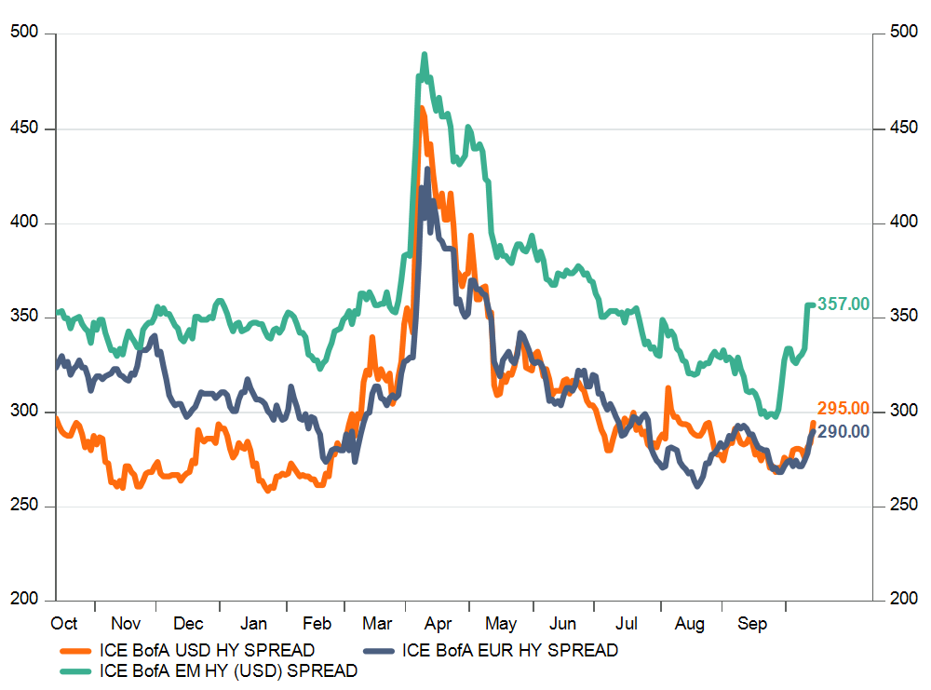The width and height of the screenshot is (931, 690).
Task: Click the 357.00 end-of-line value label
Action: [x=843, y=304]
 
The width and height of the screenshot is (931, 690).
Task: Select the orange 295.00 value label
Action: [x=843, y=408]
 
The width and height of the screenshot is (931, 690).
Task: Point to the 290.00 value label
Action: [x=843, y=431]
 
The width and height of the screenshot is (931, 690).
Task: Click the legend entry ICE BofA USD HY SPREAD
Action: [x=206, y=650]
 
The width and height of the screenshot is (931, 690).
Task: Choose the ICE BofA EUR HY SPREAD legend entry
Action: [x=510, y=650]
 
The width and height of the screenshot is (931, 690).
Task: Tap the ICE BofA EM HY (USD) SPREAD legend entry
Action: [x=228, y=670]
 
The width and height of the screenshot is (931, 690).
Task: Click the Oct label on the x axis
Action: [x=64, y=624]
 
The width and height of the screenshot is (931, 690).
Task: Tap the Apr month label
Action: [x=438, y=624]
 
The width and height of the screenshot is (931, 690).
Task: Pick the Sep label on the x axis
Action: [x=752, y=624]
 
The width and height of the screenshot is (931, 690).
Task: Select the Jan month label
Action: [x=252, y=624]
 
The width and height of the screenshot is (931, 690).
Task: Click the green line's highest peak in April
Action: [x=425, y=54]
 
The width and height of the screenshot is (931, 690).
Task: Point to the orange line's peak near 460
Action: [x=422, y=109]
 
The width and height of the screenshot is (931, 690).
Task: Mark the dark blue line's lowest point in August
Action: [x=697, y=485]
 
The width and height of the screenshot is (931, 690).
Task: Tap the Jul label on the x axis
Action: [x=627, y=624]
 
